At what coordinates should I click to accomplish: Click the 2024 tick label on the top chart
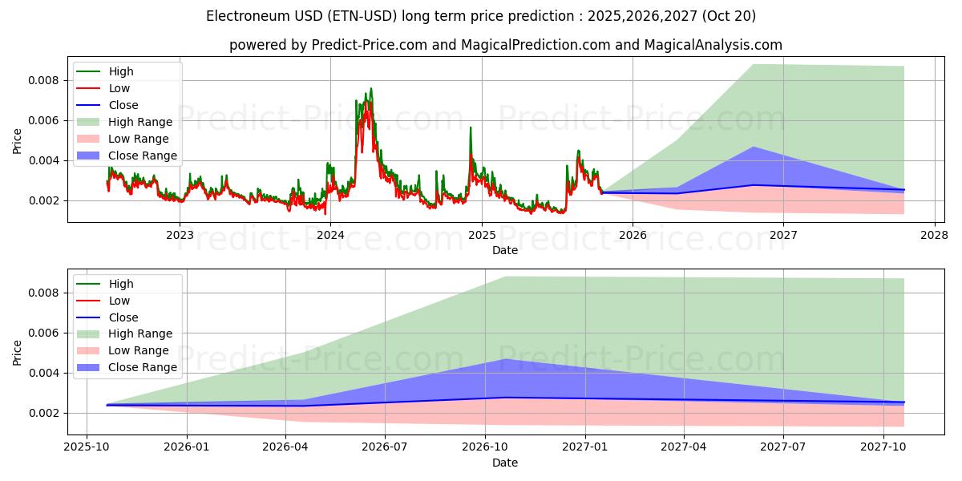click(x=330, y=235)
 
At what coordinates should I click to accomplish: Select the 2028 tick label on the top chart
click(x=934, y=235)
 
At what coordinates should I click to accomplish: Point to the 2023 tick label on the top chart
click(x=180, y=235)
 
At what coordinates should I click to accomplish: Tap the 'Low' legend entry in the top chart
click(x=119, y=88)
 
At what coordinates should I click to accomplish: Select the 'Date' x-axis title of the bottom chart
click(x=505, y=463)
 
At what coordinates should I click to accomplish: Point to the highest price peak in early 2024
click(x=370, y=88)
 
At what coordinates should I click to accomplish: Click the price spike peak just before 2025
click(x=471, y=127)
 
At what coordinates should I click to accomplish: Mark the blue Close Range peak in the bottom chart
click(x=507, y=359)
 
